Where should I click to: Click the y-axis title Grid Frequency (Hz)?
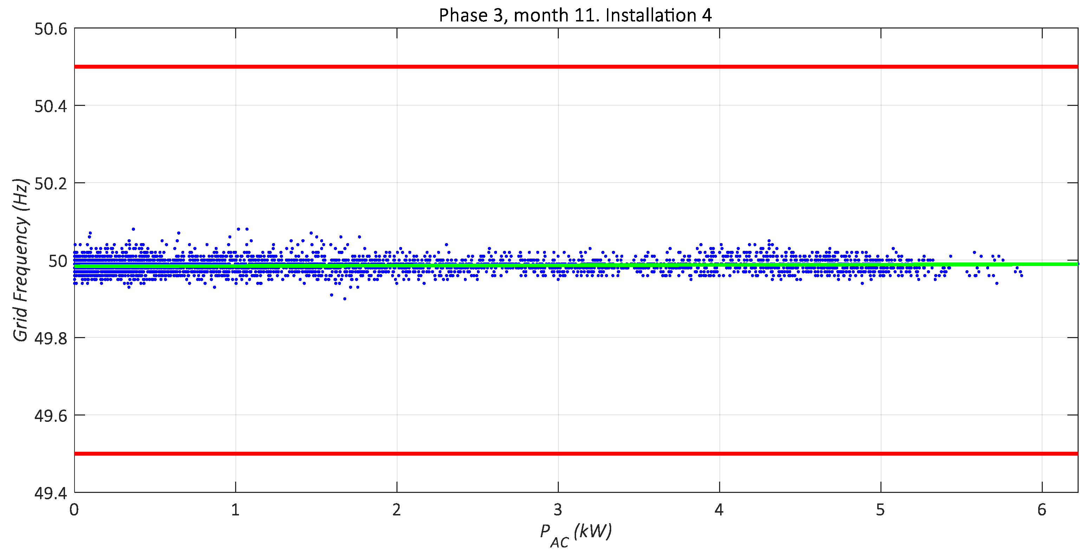pos(20,260)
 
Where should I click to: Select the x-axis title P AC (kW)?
pos(575,534)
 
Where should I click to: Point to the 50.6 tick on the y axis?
pos(51,29)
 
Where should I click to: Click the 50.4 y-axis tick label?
pos(51,107)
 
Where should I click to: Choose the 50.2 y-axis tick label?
pos(51,184)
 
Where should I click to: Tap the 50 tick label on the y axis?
pos(58,261)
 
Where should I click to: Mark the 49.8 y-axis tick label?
pos(51,338)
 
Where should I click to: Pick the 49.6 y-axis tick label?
pos(51,416)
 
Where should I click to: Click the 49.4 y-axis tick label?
pos(51,493)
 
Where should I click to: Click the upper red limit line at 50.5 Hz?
pos(575,66)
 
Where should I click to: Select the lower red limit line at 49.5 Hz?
pos(575,454)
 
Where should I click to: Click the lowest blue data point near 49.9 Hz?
pos(345,299)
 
